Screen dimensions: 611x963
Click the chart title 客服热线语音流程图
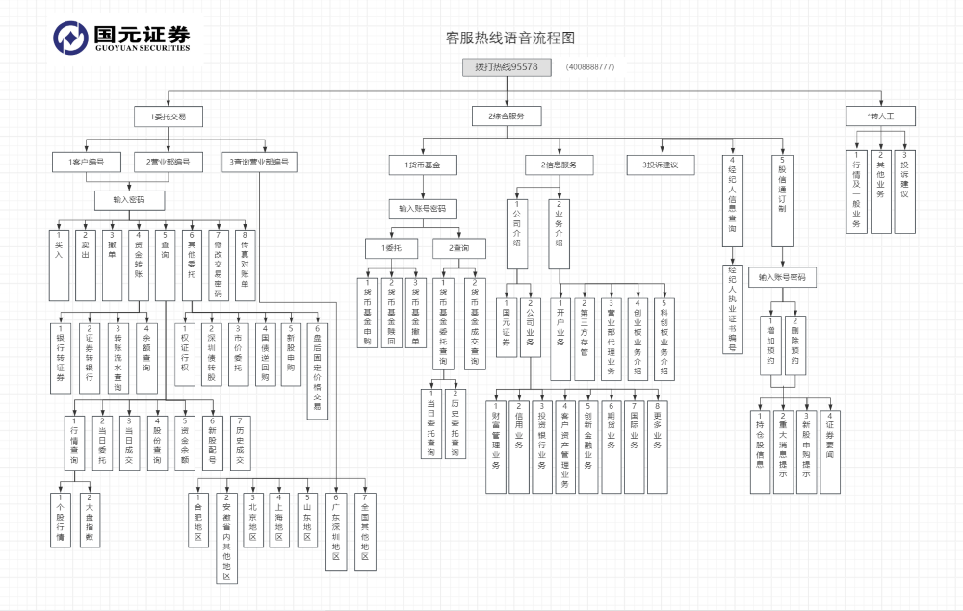(510, 38)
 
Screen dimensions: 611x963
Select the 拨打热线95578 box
(507, 67)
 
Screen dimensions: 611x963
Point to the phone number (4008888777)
(590, 67)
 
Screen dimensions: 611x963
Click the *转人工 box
(879, 115)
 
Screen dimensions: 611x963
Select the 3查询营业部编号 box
(260, 162)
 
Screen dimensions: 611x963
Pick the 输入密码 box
(132, 200)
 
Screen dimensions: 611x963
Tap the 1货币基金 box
(423, 165)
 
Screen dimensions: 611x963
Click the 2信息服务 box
(560, 165)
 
